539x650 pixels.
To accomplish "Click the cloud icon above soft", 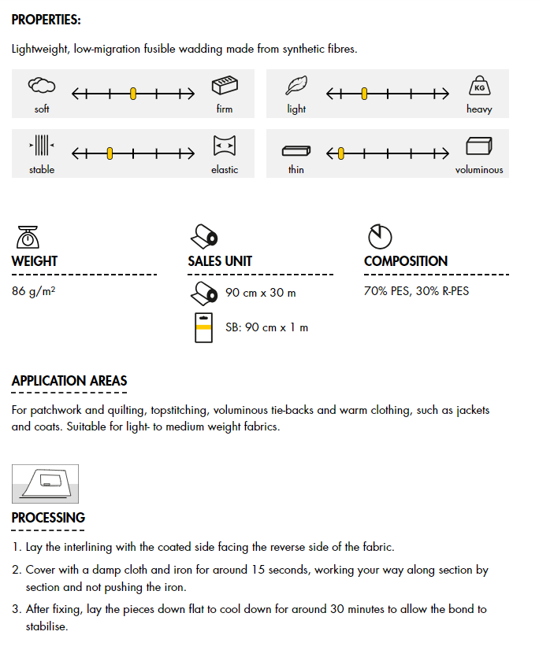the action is pyautogui.click(x=42, y=86).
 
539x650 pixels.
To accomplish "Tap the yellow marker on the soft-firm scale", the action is pyautogui.click(x=133, y=94).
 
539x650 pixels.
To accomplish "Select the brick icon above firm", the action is pyautogui.click(x=225, y=86).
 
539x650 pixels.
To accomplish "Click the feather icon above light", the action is pyautogui.click(x=296, y=86).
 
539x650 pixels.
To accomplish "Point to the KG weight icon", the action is pyautogui.click(x=480, y=86).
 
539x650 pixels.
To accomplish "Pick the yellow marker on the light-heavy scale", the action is pyautogui.click(x=364, y=94).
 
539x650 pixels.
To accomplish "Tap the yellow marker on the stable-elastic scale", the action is pyautogui.click(x=110, y=153).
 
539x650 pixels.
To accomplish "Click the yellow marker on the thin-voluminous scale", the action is pyautogui.click(x=341, y=153).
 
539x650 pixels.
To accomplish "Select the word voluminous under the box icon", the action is pyautogui.click(x=479, y=169).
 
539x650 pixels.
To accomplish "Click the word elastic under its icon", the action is pyautogui.click(x=225, y=169).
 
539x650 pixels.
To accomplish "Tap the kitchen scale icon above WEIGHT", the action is pyautogui.click(x=28, y=237).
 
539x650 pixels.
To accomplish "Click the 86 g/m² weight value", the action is pyautogui.click(x=34, y=291).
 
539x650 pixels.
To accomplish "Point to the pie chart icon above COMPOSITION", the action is pyautogui.click(x=380, y=237).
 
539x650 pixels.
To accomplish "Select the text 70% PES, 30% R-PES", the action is pyautogui.click(x=416, y=291).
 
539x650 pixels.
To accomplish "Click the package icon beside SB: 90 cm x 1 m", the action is pyautogui.click(x=203, y=327).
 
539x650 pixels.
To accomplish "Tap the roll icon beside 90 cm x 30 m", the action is pyautogui.click(x=204, y=293).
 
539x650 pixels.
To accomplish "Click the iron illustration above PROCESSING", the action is pyautogui.click(x=45, y=484).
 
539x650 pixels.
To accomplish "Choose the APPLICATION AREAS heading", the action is pyautogui.click(x=69, y=381).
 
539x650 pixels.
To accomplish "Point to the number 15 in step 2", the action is pyautogui.click(x=258, y=570).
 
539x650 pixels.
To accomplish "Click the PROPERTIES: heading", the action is pyautogui.click(x=46, y=20).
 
